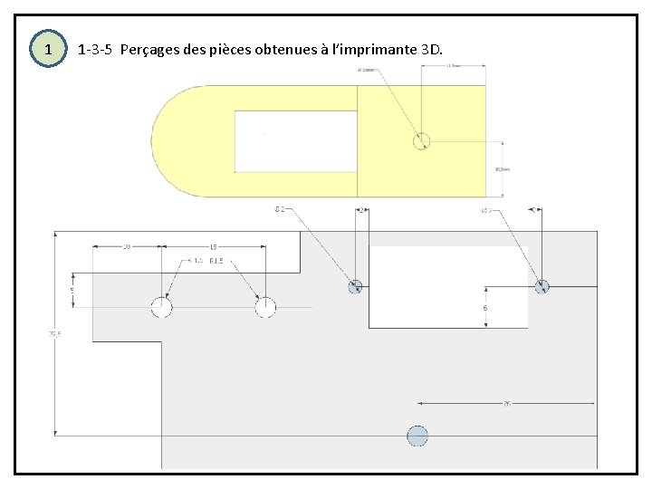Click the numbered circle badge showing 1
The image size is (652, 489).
pyautogui.click(x=48, y=48)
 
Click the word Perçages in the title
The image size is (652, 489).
pyautogui.click(x=149, y=48)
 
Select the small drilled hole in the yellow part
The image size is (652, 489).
pyautogui.click(x=421, y=140)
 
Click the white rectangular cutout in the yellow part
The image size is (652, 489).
pyautogui.click(x=295, y=140)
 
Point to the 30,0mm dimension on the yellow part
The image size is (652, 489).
pyautogui.click(x=503, y=168)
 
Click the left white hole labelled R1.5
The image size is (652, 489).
pyautogui.click(x=161, y=307)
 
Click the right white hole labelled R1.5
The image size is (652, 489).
pyautogui.click(x=265, y=307)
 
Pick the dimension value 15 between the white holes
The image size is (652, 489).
pyautogui.click(x=213, y=246)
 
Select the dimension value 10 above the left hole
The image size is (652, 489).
pyautogui.click(x=127, y=246)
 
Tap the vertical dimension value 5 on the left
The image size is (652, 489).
pyautogui.click(x=73, y=291)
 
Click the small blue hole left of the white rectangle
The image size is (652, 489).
pyautogui.click(x=356, y=286)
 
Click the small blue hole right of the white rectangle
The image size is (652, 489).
pyautogui.click(x=542, y=286)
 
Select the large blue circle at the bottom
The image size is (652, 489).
pyautogui.click(x=417, y=436)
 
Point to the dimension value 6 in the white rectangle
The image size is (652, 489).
pyautogui.click(x=485, y=308)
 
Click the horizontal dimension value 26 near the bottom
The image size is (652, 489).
pyautogui.click(x=506, y=404)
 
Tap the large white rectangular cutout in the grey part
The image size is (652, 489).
pyautogui.click(x=447, y=287)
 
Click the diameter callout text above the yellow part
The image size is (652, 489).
pyautogui.click(x=368, y=70)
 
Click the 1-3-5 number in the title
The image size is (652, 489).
pyautogui.click(x=95, y=48)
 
